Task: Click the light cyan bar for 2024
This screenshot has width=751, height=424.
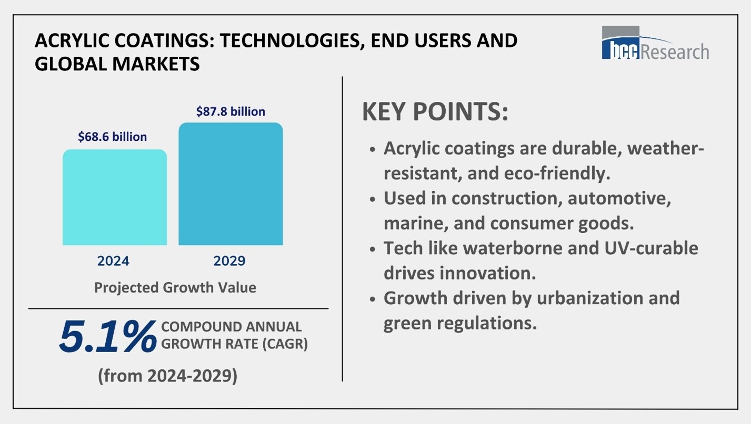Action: pos(115,198)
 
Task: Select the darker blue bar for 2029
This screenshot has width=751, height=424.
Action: pos(231,184)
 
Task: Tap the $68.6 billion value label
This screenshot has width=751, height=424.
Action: pos(112,137)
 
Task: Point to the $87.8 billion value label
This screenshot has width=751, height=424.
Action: pos(231,111)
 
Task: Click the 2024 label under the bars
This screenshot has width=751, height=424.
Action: pos(113,261)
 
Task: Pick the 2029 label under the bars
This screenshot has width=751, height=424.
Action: pos(229,261)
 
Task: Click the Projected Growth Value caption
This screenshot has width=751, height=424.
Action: pos(175,287)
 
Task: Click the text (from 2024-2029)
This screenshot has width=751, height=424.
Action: pos(167,376)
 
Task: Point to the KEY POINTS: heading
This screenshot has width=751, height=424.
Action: pos(435,112)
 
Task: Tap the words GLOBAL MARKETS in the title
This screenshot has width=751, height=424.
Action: pos(117,64)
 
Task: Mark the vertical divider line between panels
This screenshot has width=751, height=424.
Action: pos(343,229)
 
